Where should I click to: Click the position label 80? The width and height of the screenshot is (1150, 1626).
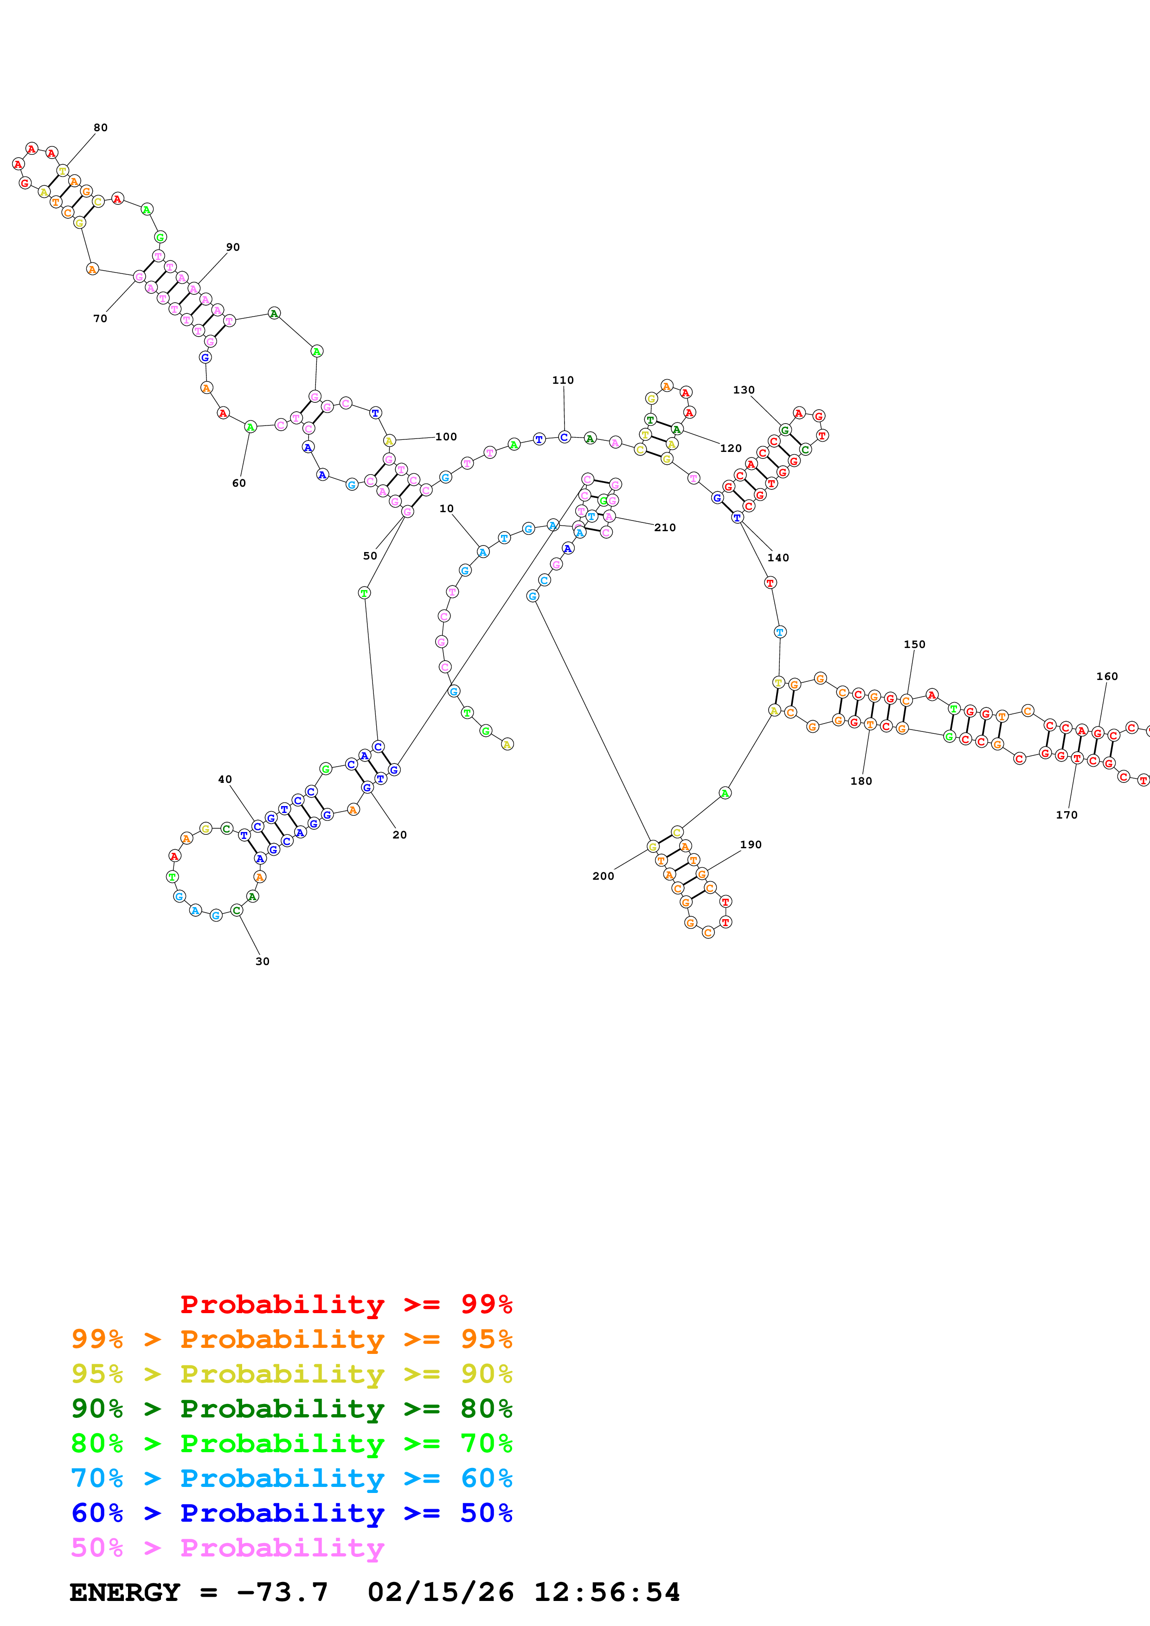click(x=101, y=127)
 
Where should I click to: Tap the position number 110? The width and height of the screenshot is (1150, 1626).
click(x=563, y=380)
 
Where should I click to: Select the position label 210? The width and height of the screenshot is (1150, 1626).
click(x=665, y=527)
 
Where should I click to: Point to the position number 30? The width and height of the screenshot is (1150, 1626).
click(x=262, y=961)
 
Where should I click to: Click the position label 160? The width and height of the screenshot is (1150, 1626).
click(x=1107, y=676)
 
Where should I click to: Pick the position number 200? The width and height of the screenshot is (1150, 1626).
click(x=603, y=876)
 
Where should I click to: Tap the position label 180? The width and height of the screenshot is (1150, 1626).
click(x=861, y=781)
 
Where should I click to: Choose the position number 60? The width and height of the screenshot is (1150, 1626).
click(x=239, y=483)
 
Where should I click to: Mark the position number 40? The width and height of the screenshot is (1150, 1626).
click(x=225, y=779)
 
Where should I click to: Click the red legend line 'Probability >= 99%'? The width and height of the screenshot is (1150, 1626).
click(x=346, y=1304)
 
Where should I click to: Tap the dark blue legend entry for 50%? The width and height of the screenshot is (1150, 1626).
click(x=291, y=1513)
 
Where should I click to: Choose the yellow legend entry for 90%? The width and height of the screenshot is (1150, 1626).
click(x=291, y=1373)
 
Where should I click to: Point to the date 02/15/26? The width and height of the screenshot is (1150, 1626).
click(x=440, y=1592)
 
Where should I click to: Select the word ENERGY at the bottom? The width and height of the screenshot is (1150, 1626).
click(x=125, y=1592)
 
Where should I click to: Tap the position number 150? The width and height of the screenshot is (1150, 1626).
click(x=914, y=644)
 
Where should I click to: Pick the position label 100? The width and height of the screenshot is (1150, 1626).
click(x=446, y=437)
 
